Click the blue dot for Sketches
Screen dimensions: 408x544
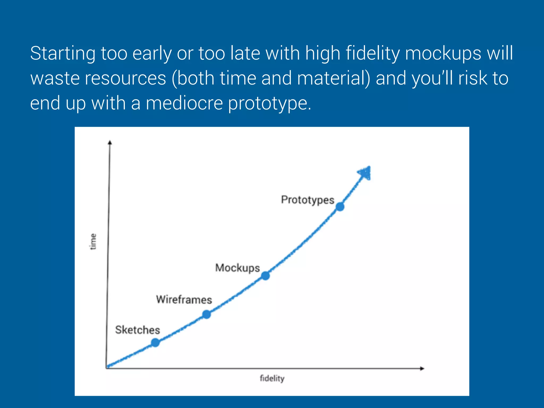click(x=155, y=343)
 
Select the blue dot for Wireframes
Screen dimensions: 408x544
click(x=206, y=314)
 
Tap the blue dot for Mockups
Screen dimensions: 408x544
click(x=265, y=276)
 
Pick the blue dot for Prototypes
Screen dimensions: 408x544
click(x=340, y=207)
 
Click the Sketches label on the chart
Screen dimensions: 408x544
click(x=138, y=330)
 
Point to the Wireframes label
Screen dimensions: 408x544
click(x=184, y=300)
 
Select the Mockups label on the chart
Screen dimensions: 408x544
click(x=237, y=268)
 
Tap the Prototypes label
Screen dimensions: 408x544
click(x=308, y=200)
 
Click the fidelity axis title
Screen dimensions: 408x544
click(x=272, y=378)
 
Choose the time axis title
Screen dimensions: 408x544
click(x=93, y=241)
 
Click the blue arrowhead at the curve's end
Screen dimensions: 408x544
click(x=365, y=173)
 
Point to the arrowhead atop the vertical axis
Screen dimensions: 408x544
click(x=110, y=143)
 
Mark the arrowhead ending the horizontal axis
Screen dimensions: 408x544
click(x=422, y=368)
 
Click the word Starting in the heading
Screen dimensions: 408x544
click(x=63, y=53)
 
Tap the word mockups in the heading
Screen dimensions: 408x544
click(x=443, y=53)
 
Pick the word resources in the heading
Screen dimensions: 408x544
click(x=125, y=78)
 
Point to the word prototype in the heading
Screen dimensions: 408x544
click(x=269, y=104)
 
